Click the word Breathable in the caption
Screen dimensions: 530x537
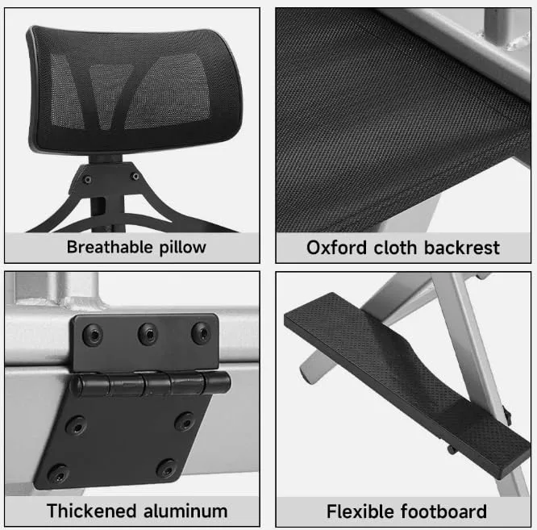[109, 247]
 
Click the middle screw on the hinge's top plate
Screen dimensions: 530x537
[148, 332]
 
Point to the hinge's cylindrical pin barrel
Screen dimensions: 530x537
[149, 383]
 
